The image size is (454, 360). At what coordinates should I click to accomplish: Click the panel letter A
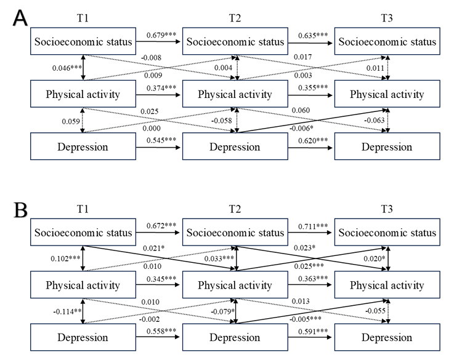tap(20, 18)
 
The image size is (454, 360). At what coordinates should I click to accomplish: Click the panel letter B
tap(20, 210)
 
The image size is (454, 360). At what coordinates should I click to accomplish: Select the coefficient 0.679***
tap(161, 35)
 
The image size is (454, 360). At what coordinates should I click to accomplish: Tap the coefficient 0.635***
tap(313, 35)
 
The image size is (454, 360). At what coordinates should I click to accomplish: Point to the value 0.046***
tap(67, 68)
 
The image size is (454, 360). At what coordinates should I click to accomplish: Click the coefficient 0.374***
tap(161, 88)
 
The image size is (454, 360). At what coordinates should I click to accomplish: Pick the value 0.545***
tap(161, 140)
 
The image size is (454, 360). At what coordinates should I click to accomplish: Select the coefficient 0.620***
tap(313, 140)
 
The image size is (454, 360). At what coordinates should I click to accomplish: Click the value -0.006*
tap(301, 128)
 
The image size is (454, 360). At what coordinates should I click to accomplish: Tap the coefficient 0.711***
tap(313, 226)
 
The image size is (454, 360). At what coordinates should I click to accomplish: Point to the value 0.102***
tap(65, 258)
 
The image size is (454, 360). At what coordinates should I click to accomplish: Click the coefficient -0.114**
tap(67, 311)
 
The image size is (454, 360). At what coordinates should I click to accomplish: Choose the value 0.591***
tap(313, 331)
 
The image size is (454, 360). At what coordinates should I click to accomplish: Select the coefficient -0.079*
tap(222, 311)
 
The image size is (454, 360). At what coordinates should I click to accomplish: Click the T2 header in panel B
tap(235, 209)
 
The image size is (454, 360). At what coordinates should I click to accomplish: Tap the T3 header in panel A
tap(387, 18)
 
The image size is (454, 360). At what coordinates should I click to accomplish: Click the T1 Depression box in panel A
tap(83, 146)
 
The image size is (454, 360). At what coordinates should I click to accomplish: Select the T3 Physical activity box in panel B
tap(387, 285)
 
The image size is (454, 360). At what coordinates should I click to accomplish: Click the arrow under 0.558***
tap(158, 337)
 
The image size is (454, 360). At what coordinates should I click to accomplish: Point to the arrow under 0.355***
tap(310, 95)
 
